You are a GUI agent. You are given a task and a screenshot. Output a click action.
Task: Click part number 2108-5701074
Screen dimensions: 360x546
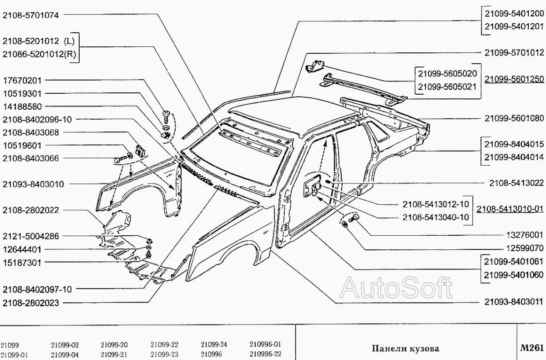31,15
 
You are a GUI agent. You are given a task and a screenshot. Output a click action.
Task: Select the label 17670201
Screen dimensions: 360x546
22,80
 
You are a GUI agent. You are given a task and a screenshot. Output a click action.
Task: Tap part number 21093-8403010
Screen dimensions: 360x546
33,184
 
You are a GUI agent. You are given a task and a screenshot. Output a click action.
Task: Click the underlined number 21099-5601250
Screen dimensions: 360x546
514,79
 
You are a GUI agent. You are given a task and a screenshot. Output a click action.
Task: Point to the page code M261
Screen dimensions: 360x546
532,348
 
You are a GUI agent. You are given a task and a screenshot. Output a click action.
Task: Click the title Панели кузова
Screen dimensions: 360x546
405,349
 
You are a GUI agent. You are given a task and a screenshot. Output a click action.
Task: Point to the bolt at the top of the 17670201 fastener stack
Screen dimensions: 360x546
166,113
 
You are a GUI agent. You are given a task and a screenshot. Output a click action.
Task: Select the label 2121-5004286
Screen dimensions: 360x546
31,236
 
